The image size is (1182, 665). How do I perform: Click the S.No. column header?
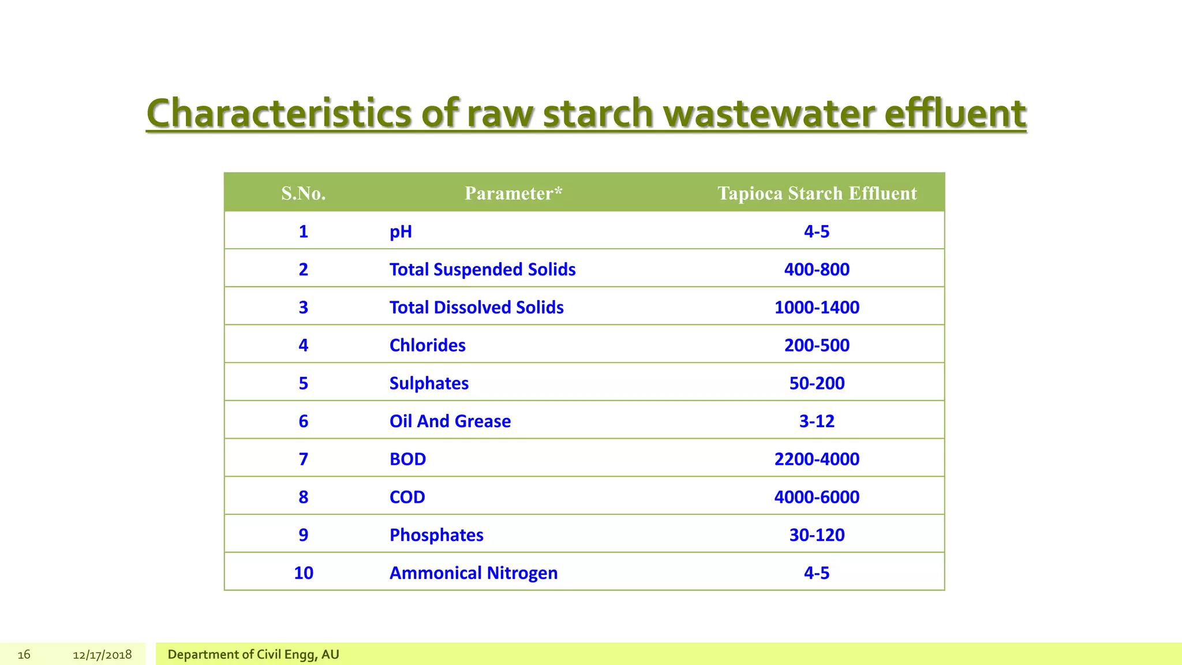304,193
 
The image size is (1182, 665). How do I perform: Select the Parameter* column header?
513,193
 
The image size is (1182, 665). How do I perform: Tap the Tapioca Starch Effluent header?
817,193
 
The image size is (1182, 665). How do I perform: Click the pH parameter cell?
401,231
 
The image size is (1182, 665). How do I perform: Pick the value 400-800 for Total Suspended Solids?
817,270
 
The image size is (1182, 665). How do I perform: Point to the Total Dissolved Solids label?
476,307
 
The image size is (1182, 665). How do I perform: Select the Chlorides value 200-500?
817,345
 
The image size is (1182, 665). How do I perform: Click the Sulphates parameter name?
429,383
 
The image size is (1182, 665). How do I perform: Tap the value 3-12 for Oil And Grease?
817,421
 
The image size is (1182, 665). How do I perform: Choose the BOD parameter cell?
407,459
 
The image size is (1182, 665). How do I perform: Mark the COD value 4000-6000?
817,497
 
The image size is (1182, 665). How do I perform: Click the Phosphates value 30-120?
817,535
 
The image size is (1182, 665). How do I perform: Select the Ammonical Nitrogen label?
473,573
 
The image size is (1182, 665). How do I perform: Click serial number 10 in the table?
304,573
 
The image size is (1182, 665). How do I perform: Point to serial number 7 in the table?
304,459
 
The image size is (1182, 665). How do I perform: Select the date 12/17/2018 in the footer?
102,655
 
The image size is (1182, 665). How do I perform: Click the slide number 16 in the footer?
24,655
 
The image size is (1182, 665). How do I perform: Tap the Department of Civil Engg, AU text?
253,655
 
